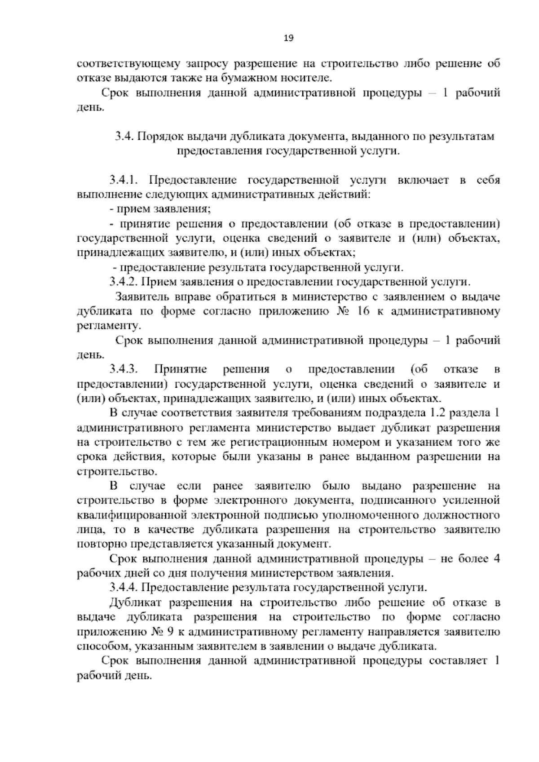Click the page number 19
point(288,38)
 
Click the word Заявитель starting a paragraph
point(142,297)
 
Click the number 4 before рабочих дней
point(496,559)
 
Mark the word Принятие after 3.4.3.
point(181,369)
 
